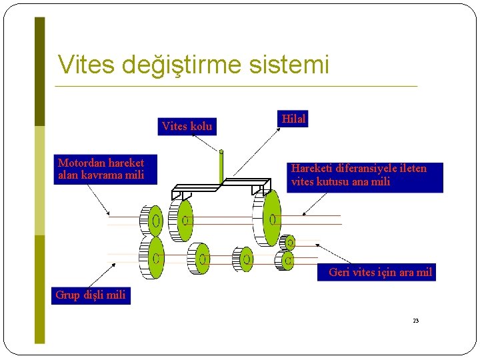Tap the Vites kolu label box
[x=187, y=126]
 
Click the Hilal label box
[x=293, y=119]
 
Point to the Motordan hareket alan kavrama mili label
[x=101, y=169]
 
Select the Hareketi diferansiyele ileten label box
[x=365, y=175]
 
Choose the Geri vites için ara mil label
[x=381, y=272]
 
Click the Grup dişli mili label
[x=91, y=295]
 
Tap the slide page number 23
[x=415, y=321]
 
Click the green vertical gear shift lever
[x=221, y=167]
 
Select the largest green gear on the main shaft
[x=271, y=218]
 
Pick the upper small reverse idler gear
[x=288, y=243]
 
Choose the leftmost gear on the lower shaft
[x=153, y=257]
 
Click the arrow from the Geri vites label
[x=333, y=252]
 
